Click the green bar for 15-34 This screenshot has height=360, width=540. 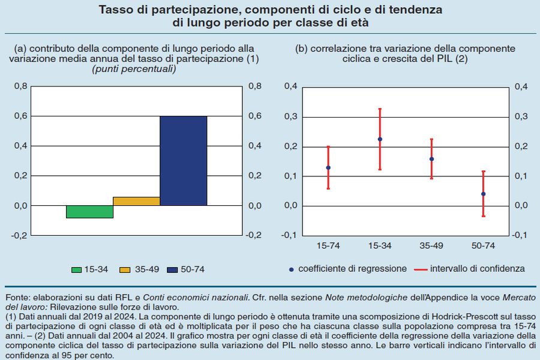coord(89,212)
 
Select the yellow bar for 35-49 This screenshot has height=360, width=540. coord(136,202)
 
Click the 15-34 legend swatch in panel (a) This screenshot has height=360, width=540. coord(76,269)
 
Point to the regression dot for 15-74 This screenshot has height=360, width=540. coord(328,167)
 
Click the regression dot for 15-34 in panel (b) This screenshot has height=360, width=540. coord(380,139)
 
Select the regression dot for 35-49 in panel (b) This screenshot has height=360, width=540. coord(431,159)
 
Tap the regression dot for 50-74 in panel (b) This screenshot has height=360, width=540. coord(483,194)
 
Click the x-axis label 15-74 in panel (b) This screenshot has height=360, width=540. coord(328,245)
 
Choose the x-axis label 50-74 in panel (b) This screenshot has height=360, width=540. coord(483,245)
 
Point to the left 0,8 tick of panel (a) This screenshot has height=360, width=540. coord(20,86)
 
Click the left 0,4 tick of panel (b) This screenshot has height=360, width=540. coord(290,86)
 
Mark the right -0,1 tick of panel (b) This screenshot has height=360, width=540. coord(521,235)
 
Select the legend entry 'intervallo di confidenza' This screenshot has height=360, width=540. coord(478,269)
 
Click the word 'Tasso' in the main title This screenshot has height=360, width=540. coord(115,11)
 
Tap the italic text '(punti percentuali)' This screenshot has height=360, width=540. coord(133,70)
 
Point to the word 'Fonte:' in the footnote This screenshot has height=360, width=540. coord(17,298)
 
